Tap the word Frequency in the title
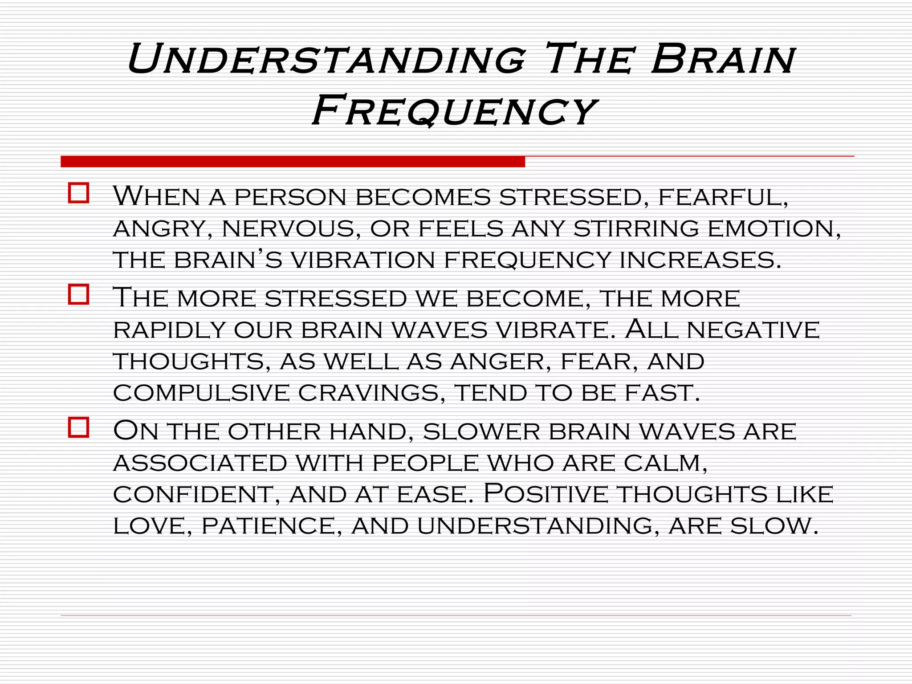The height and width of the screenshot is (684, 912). click(454, 110)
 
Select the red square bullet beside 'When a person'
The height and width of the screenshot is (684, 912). click(79, 193)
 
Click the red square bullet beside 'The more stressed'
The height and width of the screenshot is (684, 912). click(79, 294)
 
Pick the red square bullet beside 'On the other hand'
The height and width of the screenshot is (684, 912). click(79, 427)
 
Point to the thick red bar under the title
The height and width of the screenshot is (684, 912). click(293, 162)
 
